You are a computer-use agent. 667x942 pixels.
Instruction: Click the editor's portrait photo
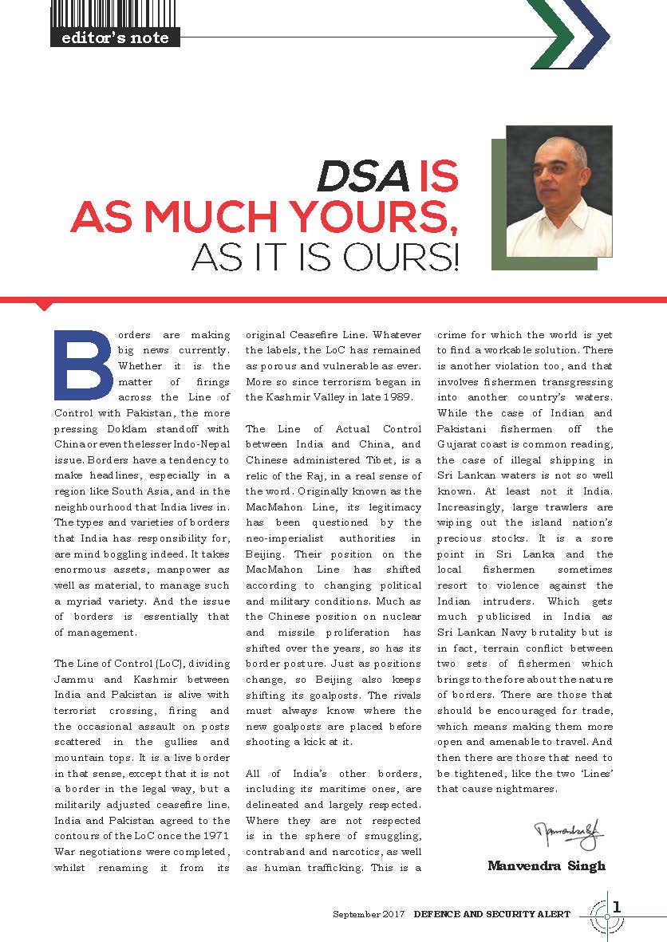558,191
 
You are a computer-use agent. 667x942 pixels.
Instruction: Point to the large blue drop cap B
82,365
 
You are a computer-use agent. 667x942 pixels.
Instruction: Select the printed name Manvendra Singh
547,865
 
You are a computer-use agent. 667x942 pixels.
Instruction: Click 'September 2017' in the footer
369,913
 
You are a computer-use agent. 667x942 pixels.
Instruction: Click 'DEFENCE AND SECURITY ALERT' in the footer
491,913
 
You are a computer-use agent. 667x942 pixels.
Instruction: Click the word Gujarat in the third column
460,444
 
